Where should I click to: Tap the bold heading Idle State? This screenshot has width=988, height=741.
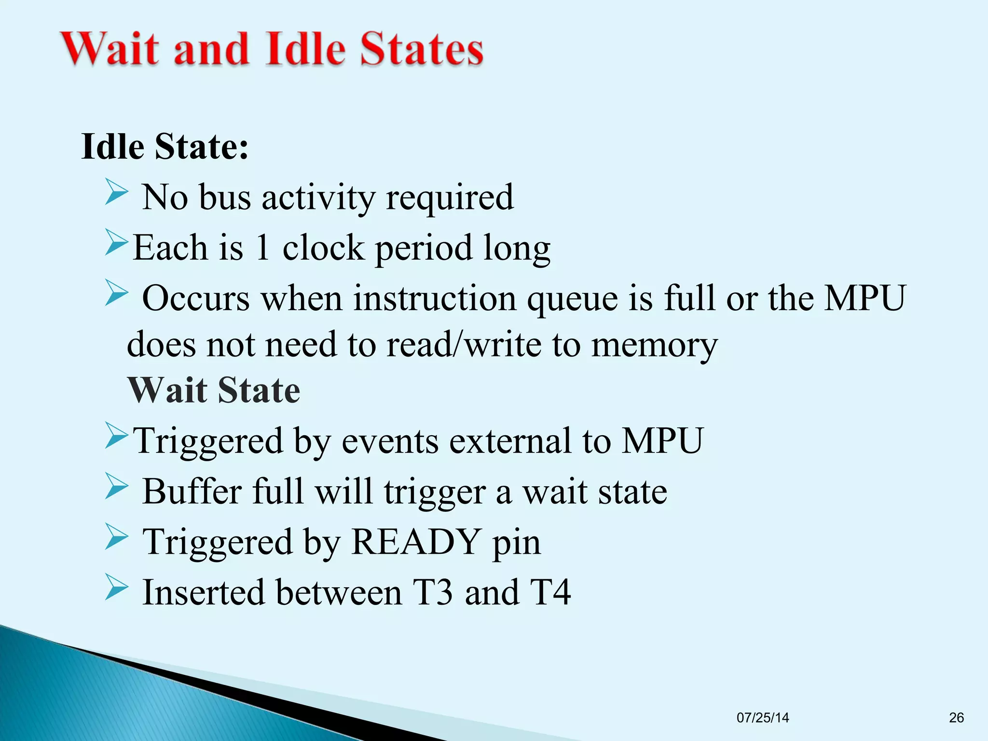(x=165, y=146)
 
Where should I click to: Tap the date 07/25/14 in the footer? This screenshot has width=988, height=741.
(x=763, y=718)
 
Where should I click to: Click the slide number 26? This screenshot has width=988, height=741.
(x=956, y=718)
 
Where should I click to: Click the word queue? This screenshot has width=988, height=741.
(x=572, y=299)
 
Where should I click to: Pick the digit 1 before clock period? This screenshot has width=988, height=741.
(x=262, y=248)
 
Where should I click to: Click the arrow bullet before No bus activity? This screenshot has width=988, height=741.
(x=116, y=192)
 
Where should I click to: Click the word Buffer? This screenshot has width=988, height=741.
(x=192, y=492)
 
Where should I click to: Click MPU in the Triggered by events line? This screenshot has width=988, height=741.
(x=662, y=441)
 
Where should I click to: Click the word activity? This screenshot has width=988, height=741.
(x=318, y=198)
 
